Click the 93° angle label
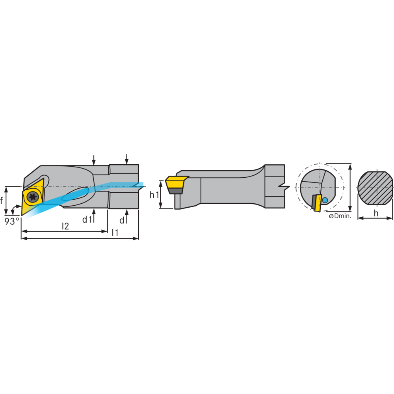pyautogui.click(x=12, y=221)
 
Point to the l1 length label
pyautogui.click(x=115, y=232)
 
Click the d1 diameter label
pyautogui.click(x=87, y=219)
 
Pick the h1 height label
pyautogui.click(x=154, y=195)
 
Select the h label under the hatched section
pyautogui.click(x=376, y=213)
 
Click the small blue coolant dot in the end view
pyautogui.click(x=325, y=200)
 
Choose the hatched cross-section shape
pyautogui.click(x=375, y=188)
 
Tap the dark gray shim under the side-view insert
pyautogui.click(x=176, y=191)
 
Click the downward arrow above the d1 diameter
pyautogui.click(x=94, y=160)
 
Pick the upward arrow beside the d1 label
pyautogui.click(x=94, y=215)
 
